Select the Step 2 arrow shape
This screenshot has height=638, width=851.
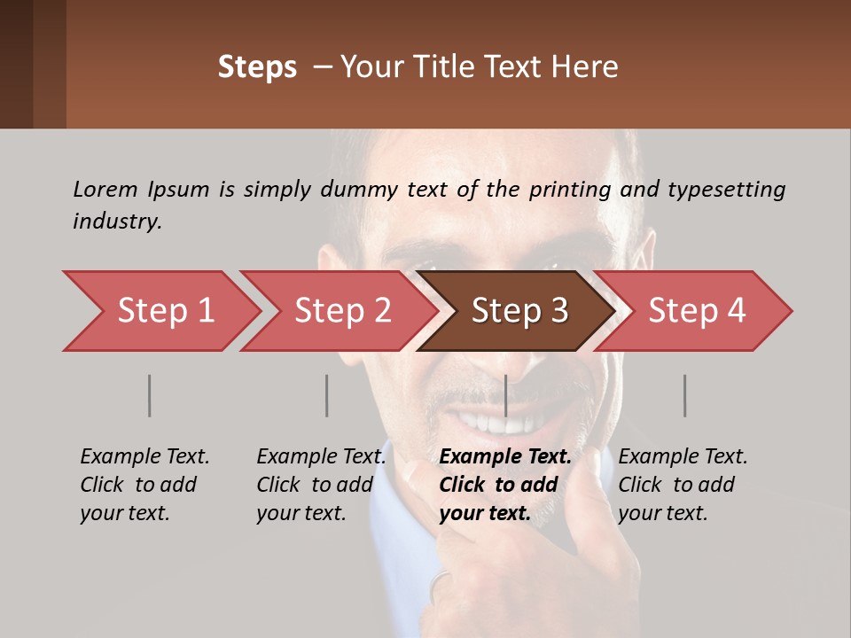342,311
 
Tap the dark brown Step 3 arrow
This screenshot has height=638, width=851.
519,311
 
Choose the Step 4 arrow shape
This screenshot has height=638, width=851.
697,311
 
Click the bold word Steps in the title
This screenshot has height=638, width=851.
257,67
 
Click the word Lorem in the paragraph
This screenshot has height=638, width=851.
105,189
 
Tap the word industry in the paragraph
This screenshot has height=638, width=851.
116,222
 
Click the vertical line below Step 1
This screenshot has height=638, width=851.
150,395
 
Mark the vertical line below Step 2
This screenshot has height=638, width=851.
327,395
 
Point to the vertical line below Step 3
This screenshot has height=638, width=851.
505,395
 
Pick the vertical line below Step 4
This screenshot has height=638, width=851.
684,395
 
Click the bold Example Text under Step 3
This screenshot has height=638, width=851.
505,457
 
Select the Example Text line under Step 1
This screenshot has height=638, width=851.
144,457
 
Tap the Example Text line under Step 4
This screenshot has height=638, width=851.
683,457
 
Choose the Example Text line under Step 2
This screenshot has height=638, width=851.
321,457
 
